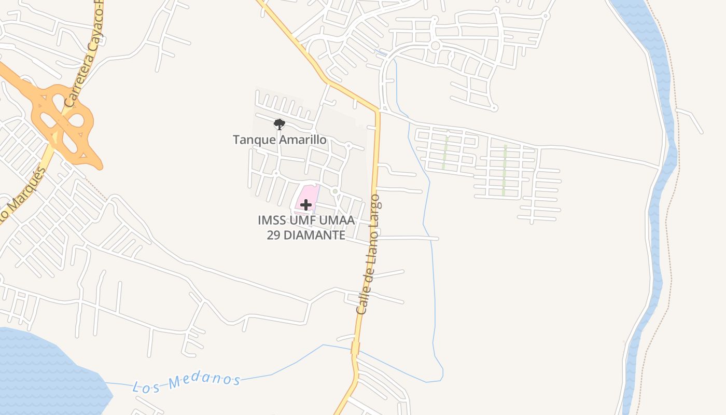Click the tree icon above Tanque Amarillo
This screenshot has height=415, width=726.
pos(279,124)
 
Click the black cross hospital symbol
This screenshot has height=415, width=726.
pos(306,205)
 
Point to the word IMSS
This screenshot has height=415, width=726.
pos(271,220)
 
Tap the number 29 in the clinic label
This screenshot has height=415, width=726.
pos(274,235)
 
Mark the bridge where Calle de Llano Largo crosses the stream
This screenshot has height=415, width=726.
pos(355,348)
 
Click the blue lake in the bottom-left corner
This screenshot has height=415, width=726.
pos(41,374)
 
